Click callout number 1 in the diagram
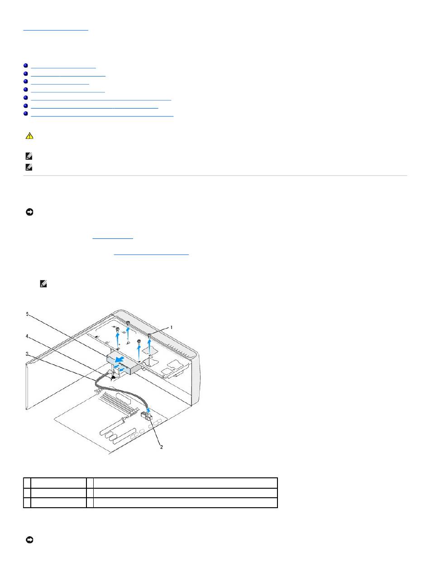172,327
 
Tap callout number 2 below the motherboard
162,447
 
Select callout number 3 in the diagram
27,354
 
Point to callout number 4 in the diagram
27,336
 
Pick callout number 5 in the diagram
27,314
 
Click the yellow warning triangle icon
29,136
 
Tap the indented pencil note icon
43,284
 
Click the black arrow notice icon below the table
29,540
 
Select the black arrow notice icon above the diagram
29,212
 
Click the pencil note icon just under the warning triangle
29,157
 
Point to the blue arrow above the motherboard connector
148,410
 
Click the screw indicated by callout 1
149,335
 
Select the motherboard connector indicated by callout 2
147,416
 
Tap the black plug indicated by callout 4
114,378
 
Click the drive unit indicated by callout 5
124,362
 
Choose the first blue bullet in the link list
26,66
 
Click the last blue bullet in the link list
26,114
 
